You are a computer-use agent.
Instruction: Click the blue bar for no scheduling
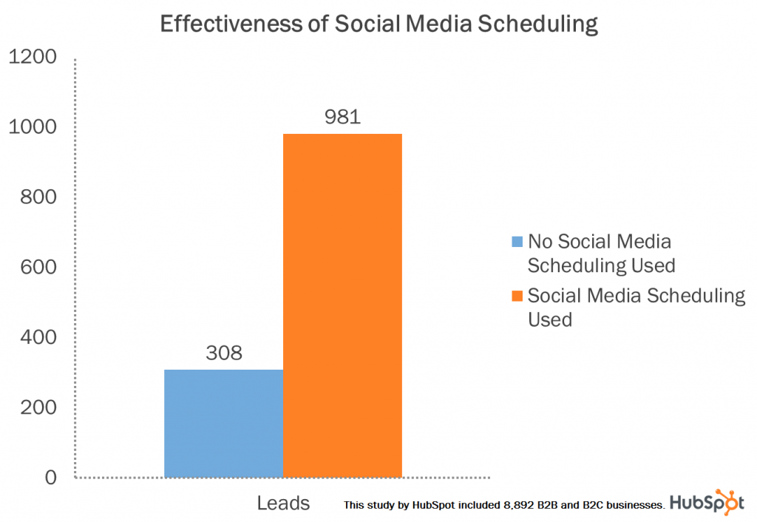tap(223, 423)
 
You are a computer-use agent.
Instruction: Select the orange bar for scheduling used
tap(342, 305)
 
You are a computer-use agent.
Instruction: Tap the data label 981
tap(342, 117)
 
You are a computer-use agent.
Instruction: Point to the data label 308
tap(223, 353)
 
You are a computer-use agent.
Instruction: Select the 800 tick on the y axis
tap(37, 197)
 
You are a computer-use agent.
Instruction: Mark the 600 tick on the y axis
tap(37, 267)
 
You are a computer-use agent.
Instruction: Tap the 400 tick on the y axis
tap(37, 337)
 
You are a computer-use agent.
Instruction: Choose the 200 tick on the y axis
tap(37, 407)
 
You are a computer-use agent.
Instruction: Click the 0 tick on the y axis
tap(50, 477)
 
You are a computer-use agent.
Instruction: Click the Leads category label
tap(283, 504)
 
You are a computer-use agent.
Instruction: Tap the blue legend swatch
tap(517, 242)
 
